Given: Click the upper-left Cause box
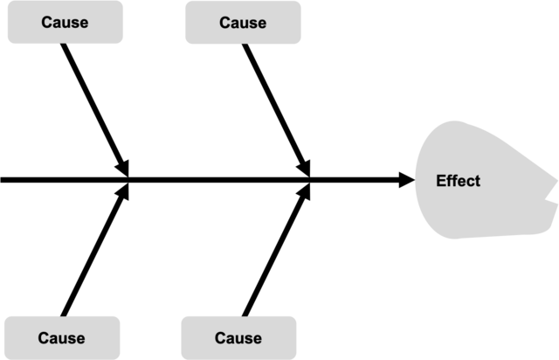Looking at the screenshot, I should tap(65, 23).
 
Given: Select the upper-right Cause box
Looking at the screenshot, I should tap(243, 23).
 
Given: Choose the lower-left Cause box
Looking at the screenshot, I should tap(62, 337).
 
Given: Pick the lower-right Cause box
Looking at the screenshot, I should tap(238, 337).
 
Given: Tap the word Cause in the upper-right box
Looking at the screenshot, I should tap(243, 23).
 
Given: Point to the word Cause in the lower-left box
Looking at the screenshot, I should tap(62, 338).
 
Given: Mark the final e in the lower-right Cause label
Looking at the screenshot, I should tap(257, 338).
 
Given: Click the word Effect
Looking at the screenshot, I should tap(458, 181).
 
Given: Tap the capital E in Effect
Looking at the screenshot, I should tap(440, 181).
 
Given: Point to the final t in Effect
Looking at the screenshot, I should tap(477, 181).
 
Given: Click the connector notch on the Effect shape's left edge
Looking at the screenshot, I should tap(413, 179).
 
